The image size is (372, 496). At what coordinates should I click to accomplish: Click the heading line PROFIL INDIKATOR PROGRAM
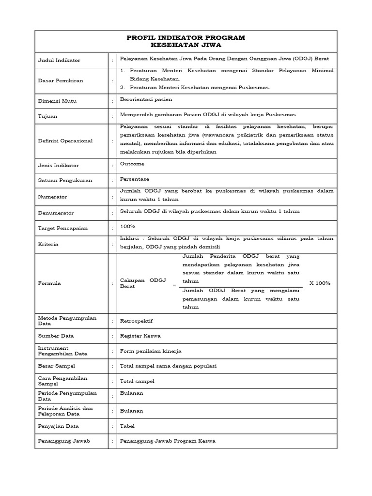pyautogui.click(x=186, y=38)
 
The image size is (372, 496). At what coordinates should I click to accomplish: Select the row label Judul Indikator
pyautogui.click(x=59, y=61)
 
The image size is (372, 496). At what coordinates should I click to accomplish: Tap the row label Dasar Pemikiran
pyautogui.click(x=60, y=81)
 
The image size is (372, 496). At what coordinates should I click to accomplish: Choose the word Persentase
pyautogui.click(x=135, y=179)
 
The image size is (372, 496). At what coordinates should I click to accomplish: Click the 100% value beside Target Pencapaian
pyautogui.click(x=127, y=226)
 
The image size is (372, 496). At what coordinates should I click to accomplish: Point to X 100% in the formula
pyautogui.click(x=319, y=283)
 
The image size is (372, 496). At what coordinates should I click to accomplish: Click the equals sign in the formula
pyautogui.click(x=174, y=286)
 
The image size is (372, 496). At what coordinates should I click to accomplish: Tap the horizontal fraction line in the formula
pyautogui.click(x=241, y=287)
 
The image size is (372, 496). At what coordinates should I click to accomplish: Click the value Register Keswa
pyautogui.click(x=140, y=336)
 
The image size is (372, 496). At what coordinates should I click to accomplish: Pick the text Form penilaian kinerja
pyautogui.click(x=151, y=351)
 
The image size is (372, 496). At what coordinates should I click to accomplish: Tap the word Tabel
pyautogui.click(x=127, y=426)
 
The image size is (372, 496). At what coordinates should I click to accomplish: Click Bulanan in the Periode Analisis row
pyautogui.click(x=132, y=411)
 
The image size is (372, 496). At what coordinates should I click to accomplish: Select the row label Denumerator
pyautogui.click(x=56, y=213)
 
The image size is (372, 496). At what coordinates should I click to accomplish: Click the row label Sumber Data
pyautogui.click(x=56, y=336)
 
